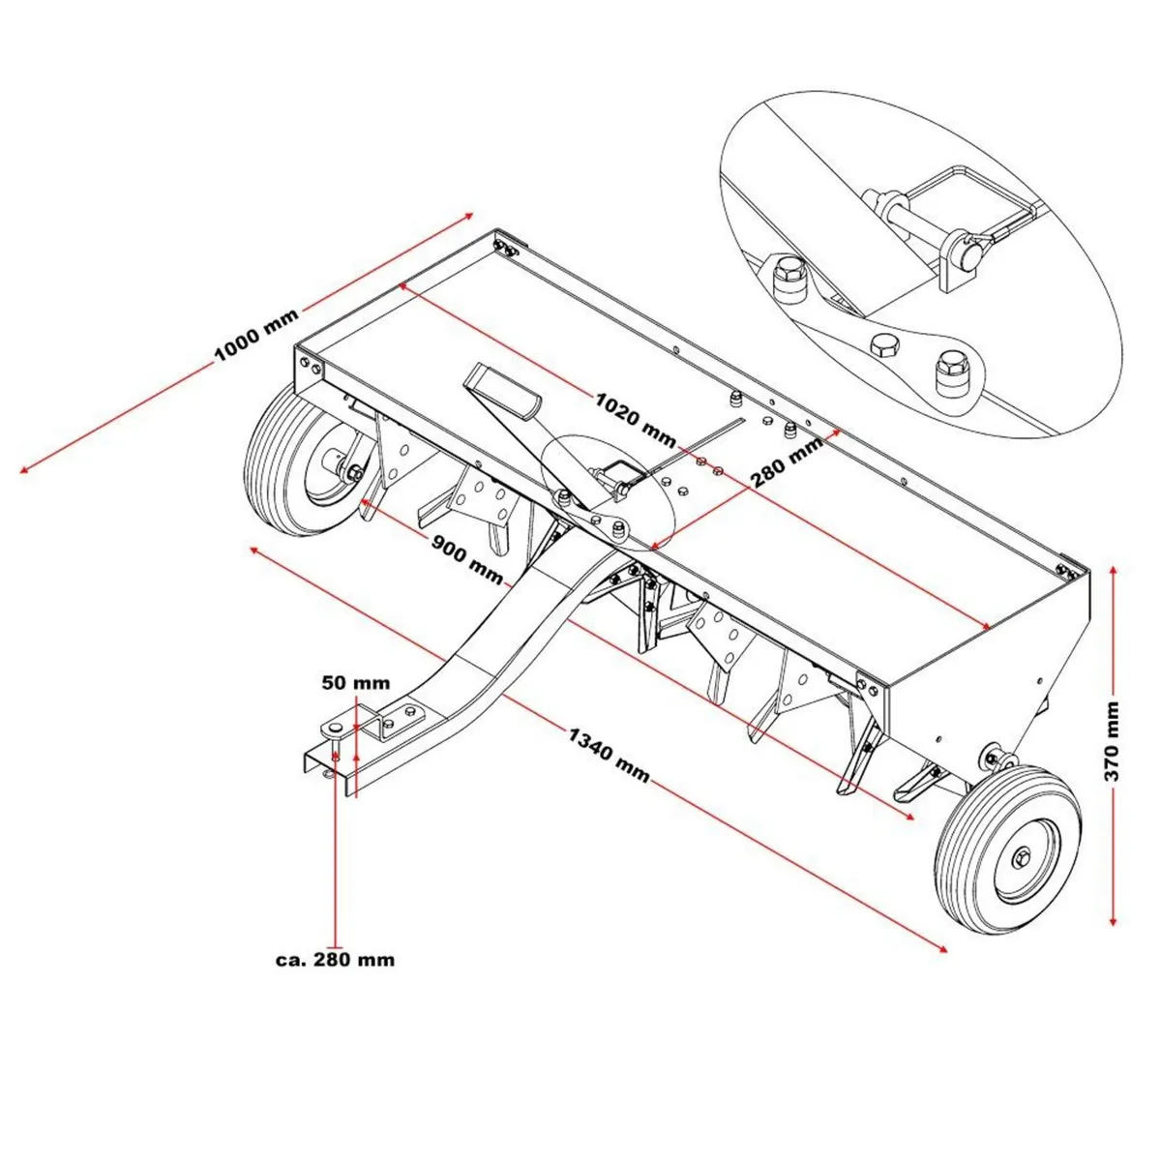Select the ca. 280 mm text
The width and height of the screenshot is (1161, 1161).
(x=335, y=960)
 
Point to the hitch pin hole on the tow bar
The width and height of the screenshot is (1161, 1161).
(x=335, y=727)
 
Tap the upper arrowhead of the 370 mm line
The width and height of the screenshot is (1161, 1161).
(x=1115, y=572)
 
